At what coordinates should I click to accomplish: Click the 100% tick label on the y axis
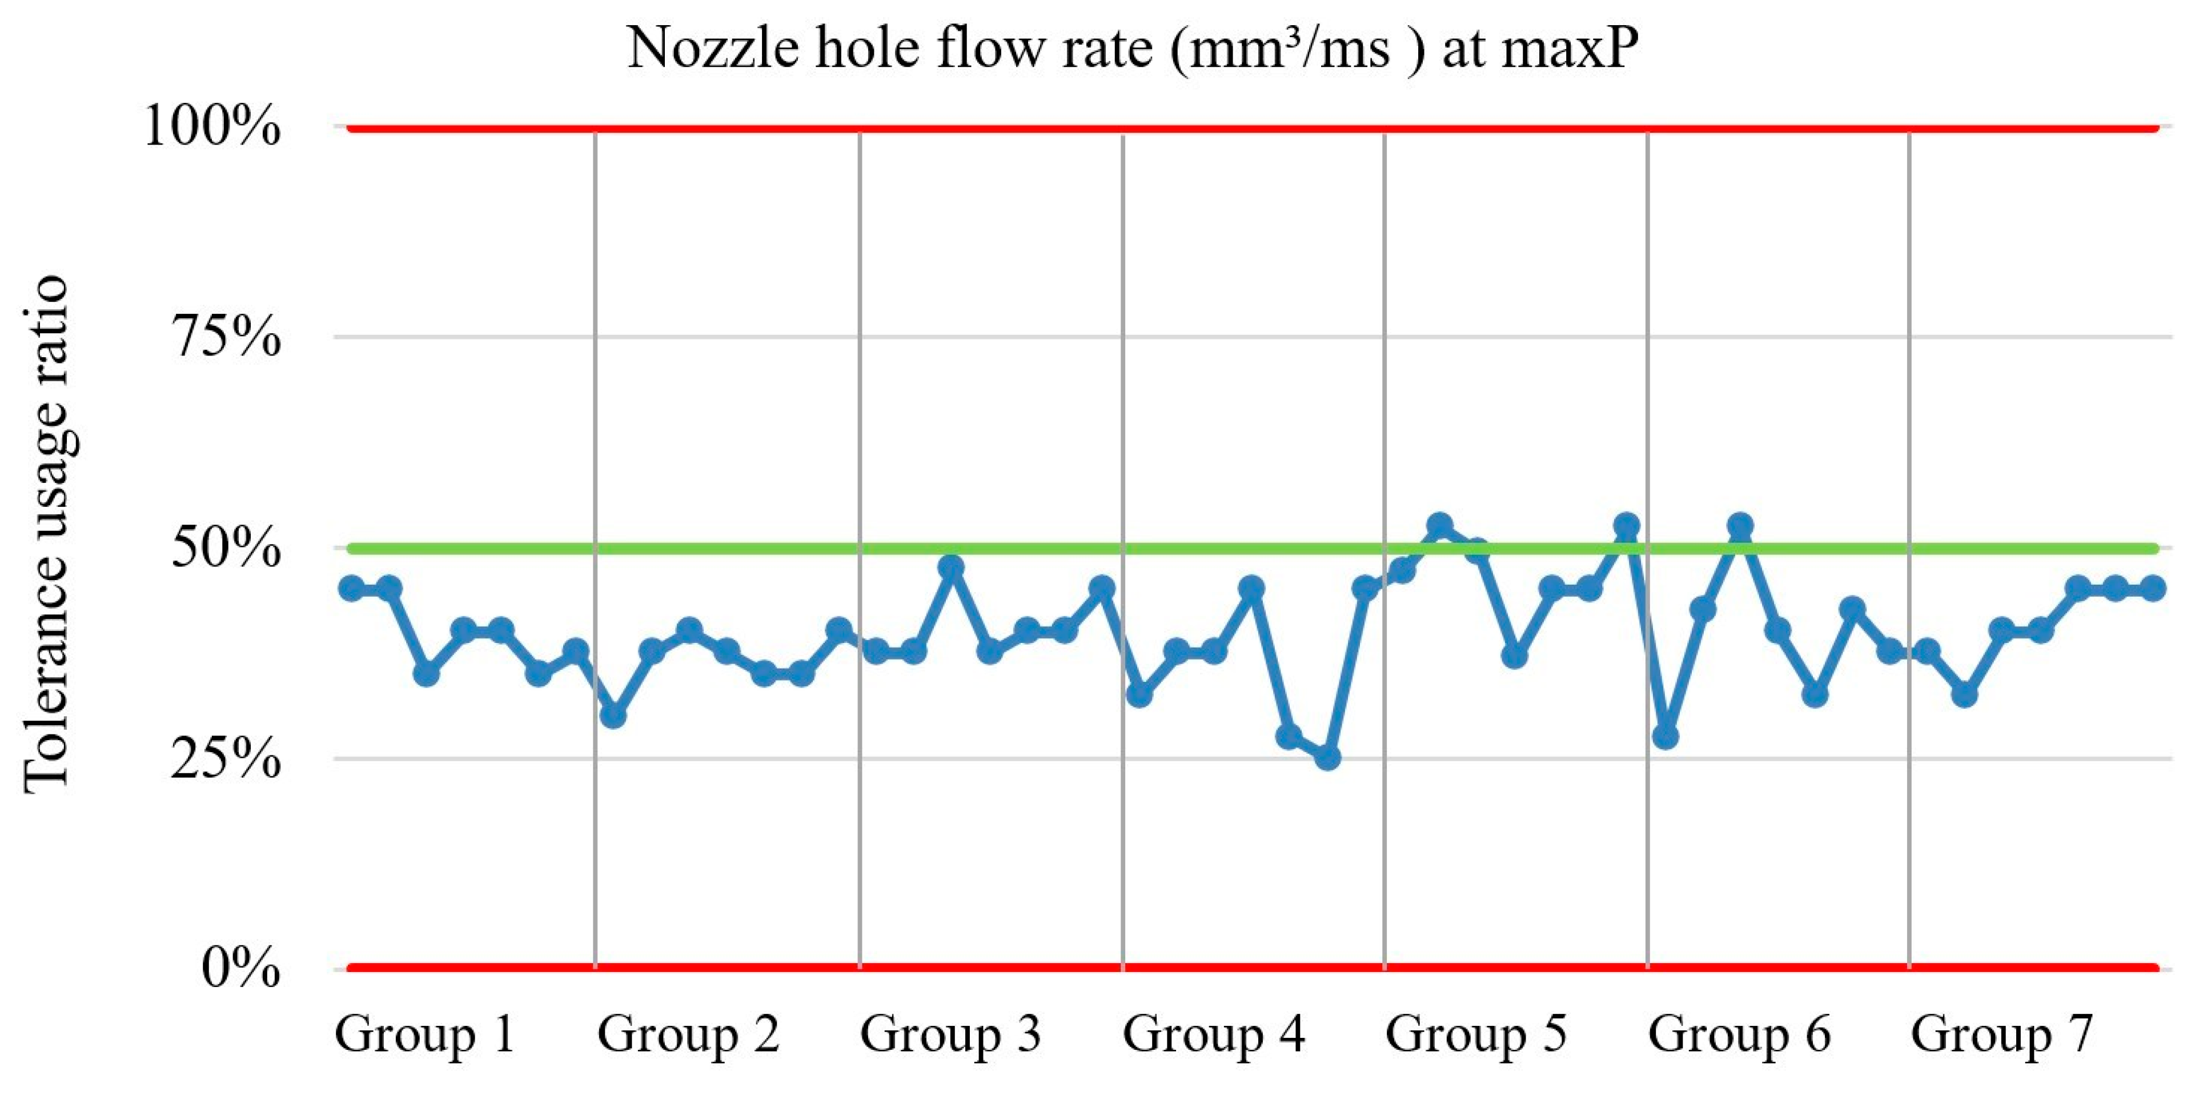[x=212, y=127]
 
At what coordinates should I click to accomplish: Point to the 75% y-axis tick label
[x=226, y=338]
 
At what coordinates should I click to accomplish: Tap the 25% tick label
[x=226, y=758]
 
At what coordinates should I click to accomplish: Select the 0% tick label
[x=240, y=968]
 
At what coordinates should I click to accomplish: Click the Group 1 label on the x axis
[x=426, y=1034]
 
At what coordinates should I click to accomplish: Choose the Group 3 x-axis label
[x=950, y=1034]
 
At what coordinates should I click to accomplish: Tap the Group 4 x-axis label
[x=1213, y=1034]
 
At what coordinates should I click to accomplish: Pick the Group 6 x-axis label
[x=1739, y=1034]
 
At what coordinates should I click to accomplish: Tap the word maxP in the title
[x=1568, y=49]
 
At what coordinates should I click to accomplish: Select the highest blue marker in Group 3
[x=951, y=566]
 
